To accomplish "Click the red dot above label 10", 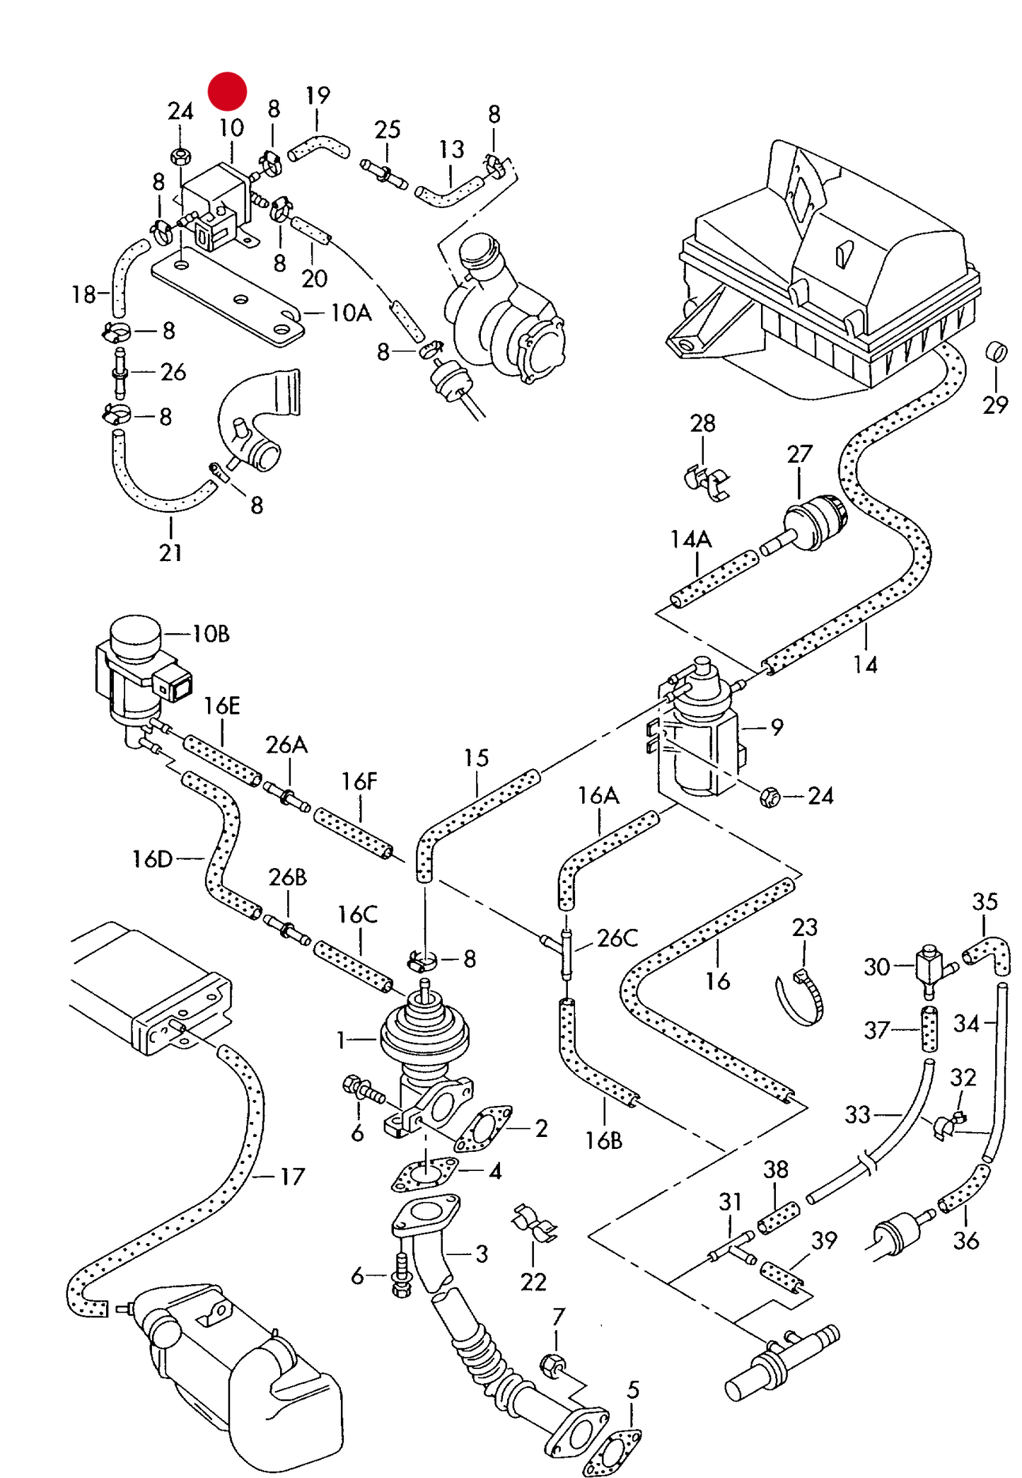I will pos(227,91).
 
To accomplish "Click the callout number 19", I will pos(318,96).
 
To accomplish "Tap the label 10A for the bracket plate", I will pos(350,313).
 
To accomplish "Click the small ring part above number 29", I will pos(996,352).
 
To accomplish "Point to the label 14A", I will pos(690,540).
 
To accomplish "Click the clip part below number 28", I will pos(709,483).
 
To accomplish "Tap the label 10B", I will pos(211,634).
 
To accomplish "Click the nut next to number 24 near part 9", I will pos(770,797).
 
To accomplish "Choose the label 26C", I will pos(617,938).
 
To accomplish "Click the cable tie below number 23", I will pos(801,998).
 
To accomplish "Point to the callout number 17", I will pos(292,1177).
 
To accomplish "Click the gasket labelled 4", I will pos(425,1174).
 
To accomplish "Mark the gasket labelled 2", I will pos(483,1127).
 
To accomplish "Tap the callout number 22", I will pos(533,1282).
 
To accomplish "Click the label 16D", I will pos(152,859).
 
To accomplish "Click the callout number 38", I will pos(775,1170).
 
